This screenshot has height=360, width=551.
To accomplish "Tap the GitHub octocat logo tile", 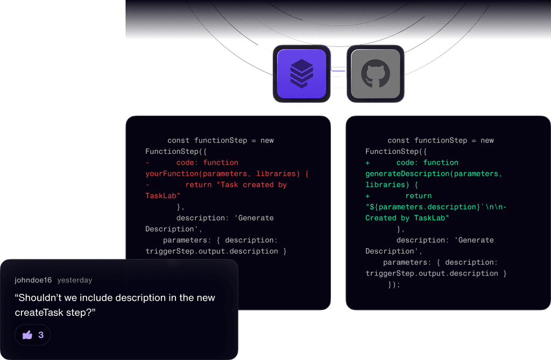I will [x=375, y=73].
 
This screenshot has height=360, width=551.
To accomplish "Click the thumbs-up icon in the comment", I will [x=27, y=335].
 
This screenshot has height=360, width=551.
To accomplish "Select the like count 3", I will [x=41, y=335].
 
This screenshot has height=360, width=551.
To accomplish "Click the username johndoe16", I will [x=33, y=280].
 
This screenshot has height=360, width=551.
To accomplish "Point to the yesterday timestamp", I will [x=75, y=280].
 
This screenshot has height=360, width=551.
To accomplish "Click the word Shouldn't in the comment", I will [x=41, y=298].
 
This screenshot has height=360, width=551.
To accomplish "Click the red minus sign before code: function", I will [x=147, y=163].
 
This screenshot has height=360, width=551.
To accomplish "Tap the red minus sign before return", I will [x=147, y=185].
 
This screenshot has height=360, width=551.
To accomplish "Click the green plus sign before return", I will [x=368, y=196].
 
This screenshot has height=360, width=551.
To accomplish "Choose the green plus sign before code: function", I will [x=368, y=163].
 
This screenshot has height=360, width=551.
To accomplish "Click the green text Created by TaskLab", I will [x=407, y=218].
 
